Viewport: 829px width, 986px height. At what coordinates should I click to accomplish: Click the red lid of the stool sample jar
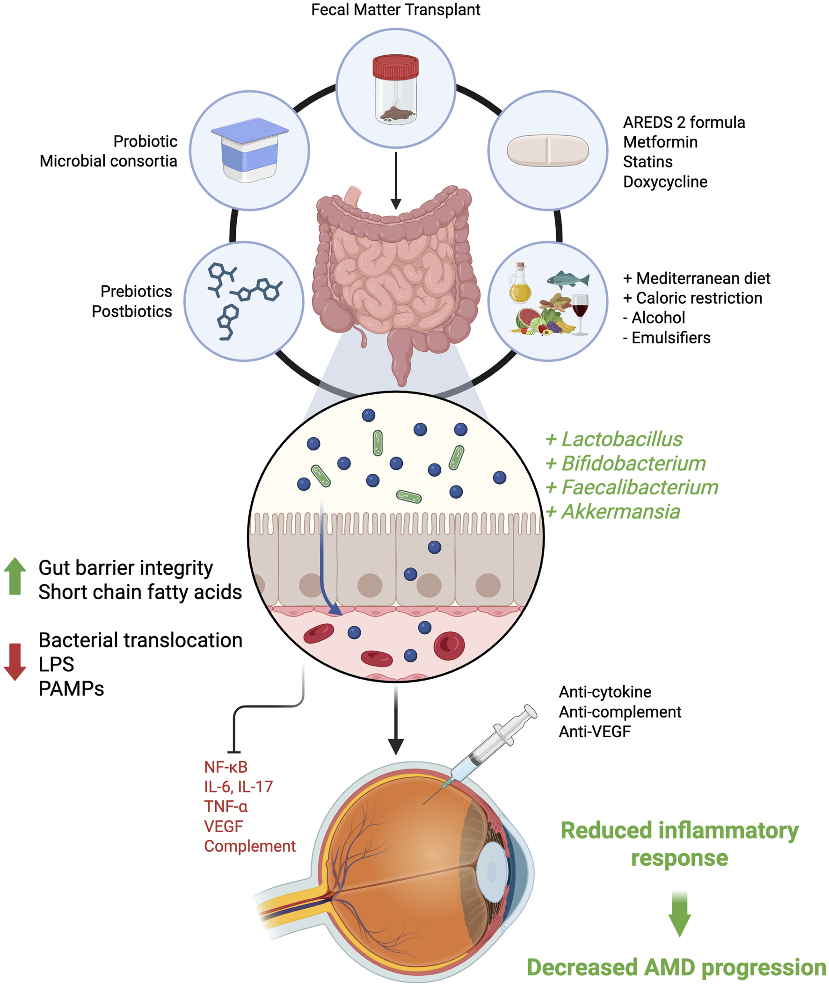tap(395, 67)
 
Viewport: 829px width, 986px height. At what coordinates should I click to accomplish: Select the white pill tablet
tap(547, 150)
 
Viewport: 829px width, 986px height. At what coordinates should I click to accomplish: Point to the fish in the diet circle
tap(567, 280)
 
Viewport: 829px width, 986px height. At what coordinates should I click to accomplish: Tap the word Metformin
tap(660, 142)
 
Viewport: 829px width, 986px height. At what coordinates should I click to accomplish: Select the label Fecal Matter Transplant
tap(395, 10)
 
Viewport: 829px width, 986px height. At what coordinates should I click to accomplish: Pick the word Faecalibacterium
tap(640, 487)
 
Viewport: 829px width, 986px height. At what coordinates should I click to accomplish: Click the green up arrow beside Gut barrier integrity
tap(15, 576)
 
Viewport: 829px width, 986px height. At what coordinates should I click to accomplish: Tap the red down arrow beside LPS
tap(15, 662)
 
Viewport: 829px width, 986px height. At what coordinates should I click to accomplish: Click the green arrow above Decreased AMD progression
tap(679, 913)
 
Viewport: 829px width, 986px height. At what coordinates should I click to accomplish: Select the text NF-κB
tap(225, 767)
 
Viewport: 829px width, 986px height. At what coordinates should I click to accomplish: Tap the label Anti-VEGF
tap(595, 732)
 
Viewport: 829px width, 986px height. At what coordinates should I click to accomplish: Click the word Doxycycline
tap(664, 182)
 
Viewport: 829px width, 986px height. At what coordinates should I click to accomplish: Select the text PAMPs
tap(71, 689)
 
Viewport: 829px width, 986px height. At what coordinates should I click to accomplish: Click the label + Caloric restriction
tap(692, 298)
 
